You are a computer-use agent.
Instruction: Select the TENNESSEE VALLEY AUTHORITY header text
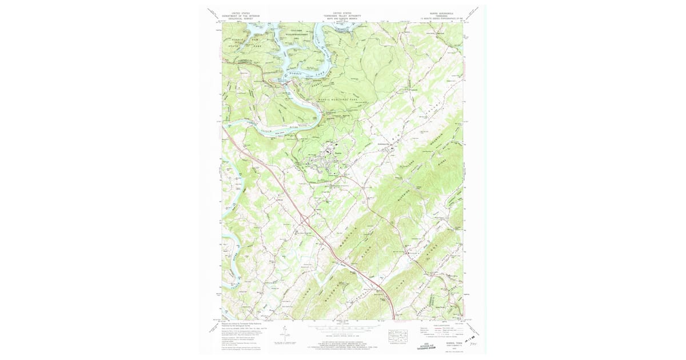pyautogui.click(x=342, y=15)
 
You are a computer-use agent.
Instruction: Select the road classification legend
pyautogui.click(x=440, y=329)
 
